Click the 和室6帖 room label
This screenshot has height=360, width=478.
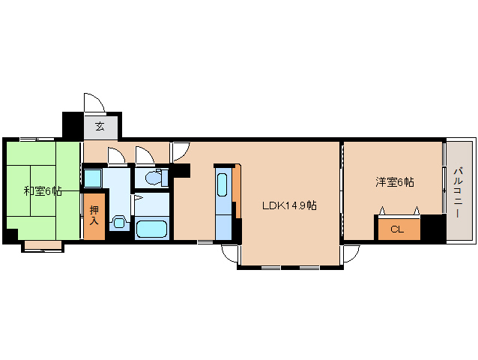click(x=42, y=191)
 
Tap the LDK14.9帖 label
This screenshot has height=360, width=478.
click(x=288, y=205)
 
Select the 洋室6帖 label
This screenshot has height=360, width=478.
click(x=395, y=182)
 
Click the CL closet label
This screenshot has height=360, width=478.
click(x=397, y=229)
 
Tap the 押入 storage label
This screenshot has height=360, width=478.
click(x=94, y=215)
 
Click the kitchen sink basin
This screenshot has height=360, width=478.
click(x=223, y=183)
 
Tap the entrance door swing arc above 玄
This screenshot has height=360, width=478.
click(x=93, y=102)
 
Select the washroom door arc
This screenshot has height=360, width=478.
click(x=116, y=156)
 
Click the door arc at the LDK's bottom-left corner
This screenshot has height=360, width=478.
click(x=229, y=253)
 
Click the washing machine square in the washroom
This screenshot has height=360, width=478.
click(x=93, y=178)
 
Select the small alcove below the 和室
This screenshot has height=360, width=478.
click(x=42, y=244)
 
